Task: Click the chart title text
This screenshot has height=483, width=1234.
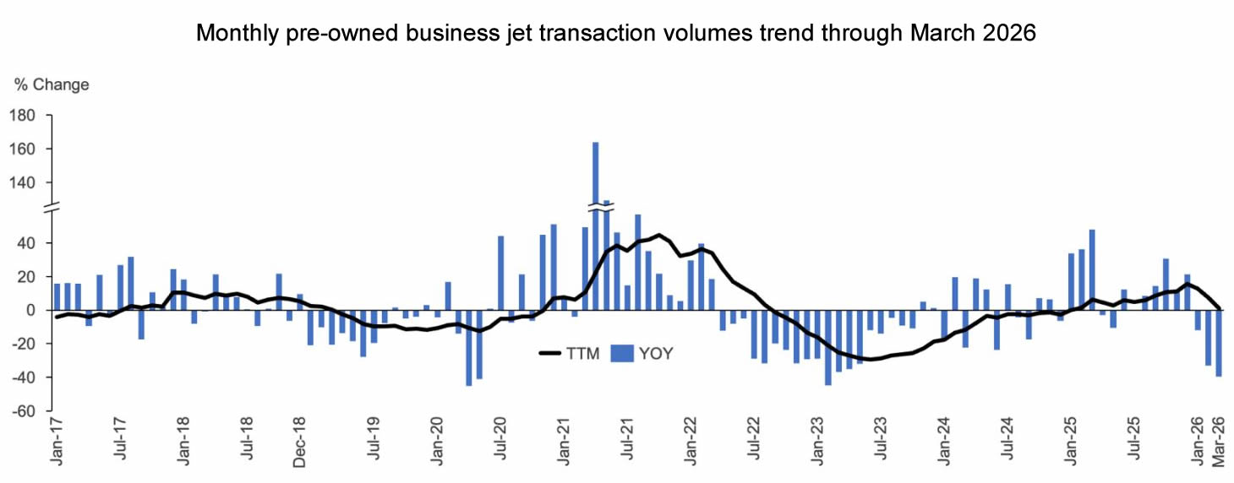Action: (x=616, y=34)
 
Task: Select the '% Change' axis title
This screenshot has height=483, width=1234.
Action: (x=52, y=84)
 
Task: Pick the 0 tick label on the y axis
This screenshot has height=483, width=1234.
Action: (x=39, y=311)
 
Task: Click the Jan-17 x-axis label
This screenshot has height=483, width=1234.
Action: (x=57, y=442)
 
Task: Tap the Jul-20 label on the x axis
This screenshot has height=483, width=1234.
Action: (x=500, y=442)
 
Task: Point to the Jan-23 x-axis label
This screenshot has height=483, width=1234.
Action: (x=817, y=442)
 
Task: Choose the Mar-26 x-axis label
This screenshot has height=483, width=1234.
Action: (x=1220, y=442)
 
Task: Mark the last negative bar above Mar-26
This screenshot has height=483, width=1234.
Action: (x=1220, y=343)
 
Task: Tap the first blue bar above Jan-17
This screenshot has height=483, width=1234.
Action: (x=57, y=297)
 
